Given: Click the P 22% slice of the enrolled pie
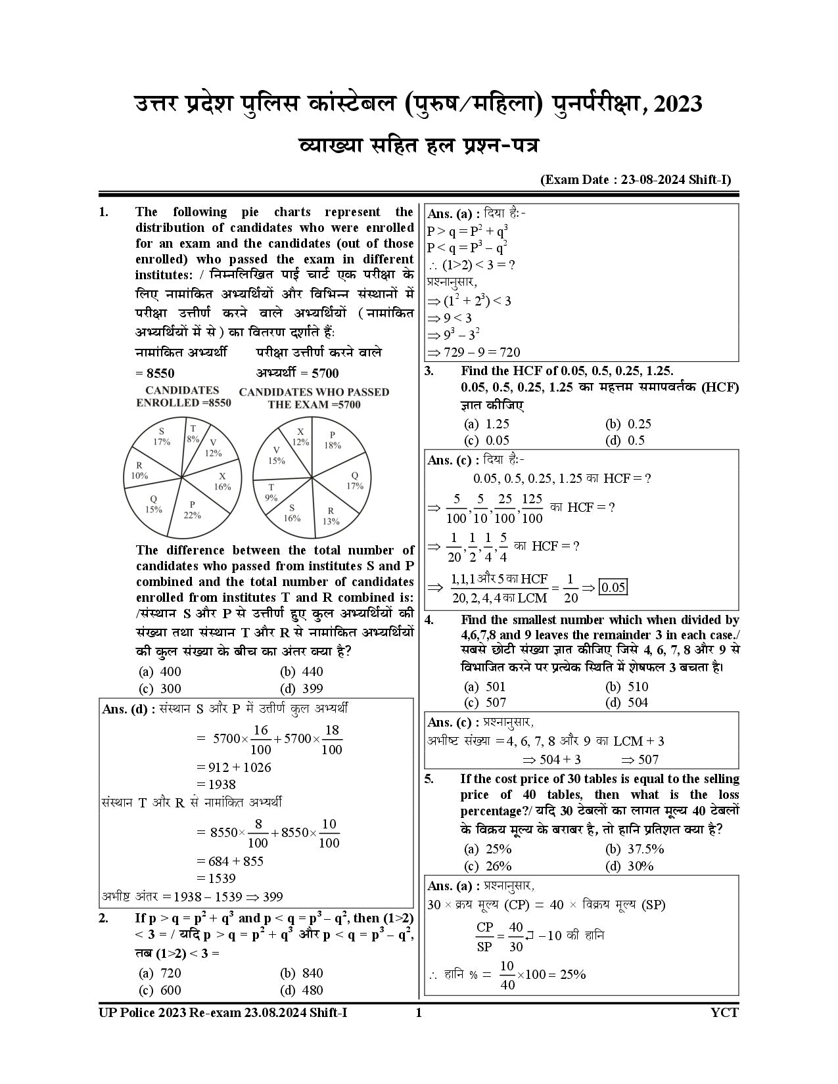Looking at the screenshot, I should click(191, 508).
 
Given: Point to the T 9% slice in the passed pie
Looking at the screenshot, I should click(271, 492).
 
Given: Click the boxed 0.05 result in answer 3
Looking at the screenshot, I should click(613, 587).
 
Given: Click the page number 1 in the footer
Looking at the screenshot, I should click(419, 1012).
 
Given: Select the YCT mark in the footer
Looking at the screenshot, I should click(724, 1012).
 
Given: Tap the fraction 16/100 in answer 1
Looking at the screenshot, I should click(261, 739).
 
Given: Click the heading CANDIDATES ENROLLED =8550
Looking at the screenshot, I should click(183, 396).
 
